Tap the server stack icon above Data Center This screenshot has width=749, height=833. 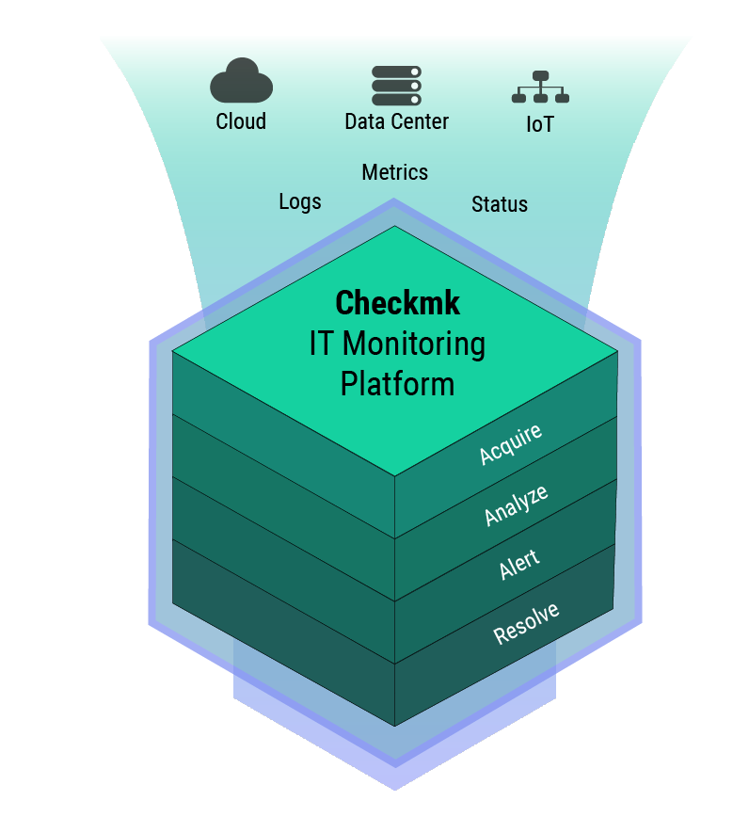(x=396, y=85)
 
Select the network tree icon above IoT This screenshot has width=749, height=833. (x=540, y=88)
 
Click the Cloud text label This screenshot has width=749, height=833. (x=241, y=121)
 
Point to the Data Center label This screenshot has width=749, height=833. (x=396, y=121)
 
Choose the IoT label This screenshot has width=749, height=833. (x=540, y=124)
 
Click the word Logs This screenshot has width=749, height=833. (x=300, y=201)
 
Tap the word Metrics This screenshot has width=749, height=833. (x=395, y=172)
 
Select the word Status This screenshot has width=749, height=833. (x=500, y=204)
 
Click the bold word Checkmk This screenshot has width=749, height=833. (x=398, y=303)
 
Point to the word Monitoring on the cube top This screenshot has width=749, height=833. (x=415, y=344)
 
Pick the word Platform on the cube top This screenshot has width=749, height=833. (x=397, y=384)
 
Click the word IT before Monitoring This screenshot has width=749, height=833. (x=322, y=344)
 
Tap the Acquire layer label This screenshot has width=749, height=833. (x=511, y=444)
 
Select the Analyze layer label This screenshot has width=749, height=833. (x=516, y=505)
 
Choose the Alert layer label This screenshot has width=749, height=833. (x=519, y=565)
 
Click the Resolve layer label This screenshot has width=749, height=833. (x=526, y=623)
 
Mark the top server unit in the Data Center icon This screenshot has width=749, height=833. (x=396, y=72)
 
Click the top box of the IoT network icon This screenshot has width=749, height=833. (x=540, y=75)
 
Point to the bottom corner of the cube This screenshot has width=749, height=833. (x=394, y=725)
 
